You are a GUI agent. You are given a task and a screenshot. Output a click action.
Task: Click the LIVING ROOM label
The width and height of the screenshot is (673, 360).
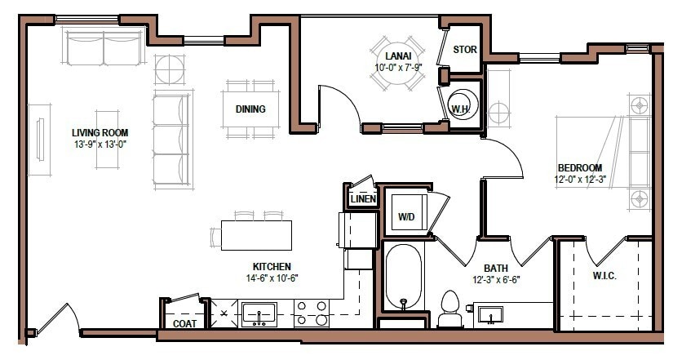pyautogui.click(x=100, y=132)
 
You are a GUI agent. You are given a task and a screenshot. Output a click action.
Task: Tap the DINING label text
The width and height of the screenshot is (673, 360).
pyautogui.click(x=250, y=109)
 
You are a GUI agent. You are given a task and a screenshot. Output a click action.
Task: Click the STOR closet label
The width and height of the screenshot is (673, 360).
pyautogui.click(x=464, y=50)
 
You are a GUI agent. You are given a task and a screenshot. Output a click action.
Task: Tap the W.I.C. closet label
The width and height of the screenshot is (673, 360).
pyautogui.click(x=604, y=276)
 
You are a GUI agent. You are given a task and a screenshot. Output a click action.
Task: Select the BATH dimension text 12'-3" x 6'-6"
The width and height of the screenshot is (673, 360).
pyautogui.click(x=496, y=278)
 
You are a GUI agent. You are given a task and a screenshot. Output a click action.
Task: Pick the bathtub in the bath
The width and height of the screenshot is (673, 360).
pyautogui.click(x=403, y=278)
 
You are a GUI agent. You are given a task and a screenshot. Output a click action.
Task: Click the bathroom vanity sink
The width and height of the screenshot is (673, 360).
pyautogui.click(x=490, y=314)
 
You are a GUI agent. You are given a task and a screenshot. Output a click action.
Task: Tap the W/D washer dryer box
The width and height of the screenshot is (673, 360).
pyautogui.click(x=407, y=216)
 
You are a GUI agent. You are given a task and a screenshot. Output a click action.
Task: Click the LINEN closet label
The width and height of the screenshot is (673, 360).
pyautogui.click(x=361, y=199)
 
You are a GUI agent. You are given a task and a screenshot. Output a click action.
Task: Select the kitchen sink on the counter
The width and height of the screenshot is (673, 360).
pyautogui.click(x=259, y=313)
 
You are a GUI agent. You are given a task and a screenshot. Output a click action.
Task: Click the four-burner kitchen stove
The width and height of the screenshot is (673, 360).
pyautogui.click(x=311, y=313)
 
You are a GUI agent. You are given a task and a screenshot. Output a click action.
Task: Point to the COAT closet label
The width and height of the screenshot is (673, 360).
pyautogui.click(x=184, y=323)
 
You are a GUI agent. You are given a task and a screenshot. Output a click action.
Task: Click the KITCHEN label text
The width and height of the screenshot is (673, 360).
pyautogui.click(x=272, y=266)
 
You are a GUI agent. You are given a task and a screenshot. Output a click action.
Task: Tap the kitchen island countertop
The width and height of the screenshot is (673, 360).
pyautogui.click(x=256, y=236)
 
